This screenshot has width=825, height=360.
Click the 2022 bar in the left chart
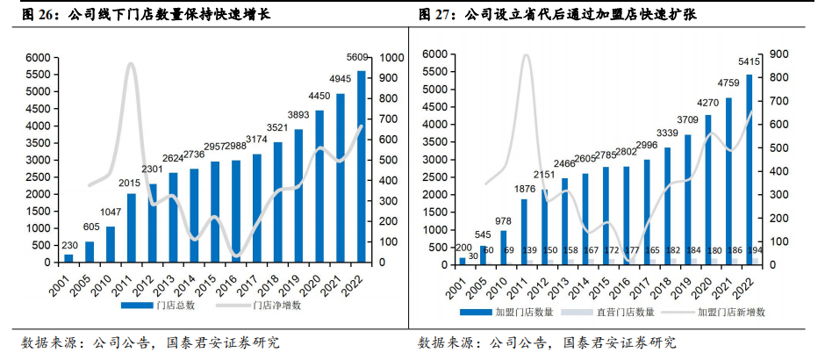[x=362, y=167]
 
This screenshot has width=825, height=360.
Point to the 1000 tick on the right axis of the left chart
[x=392, y=58]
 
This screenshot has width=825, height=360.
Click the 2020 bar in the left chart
[x=319, y=186]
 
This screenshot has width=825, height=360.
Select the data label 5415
[x=749, y=61]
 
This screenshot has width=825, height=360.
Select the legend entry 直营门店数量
[x=620, y=312]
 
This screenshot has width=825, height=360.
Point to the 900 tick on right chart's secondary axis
[x=778, y=54]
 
